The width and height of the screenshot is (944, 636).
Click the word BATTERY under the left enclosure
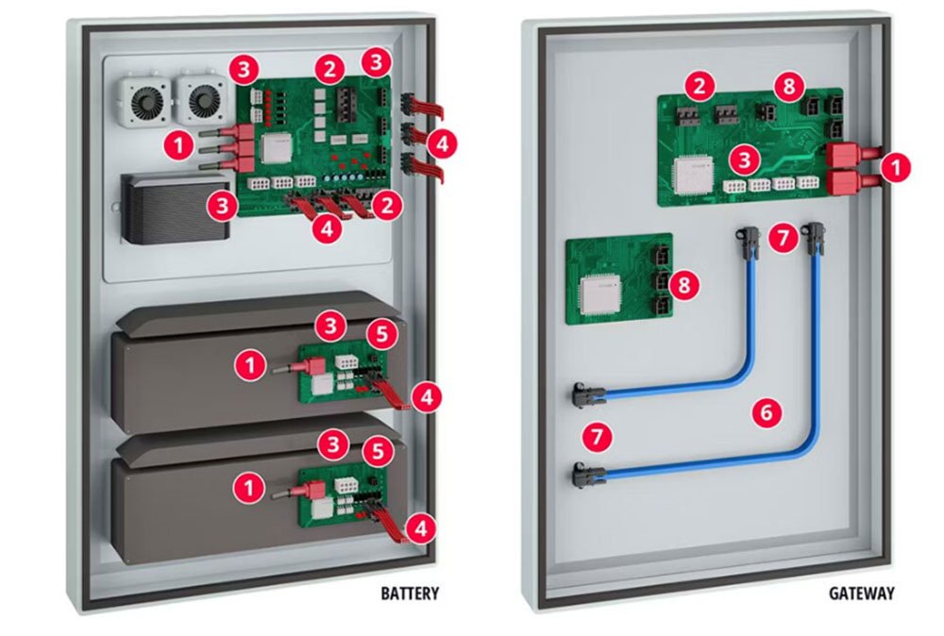click(x=410, y=594)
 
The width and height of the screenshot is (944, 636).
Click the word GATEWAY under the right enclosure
click(x=862, y=594)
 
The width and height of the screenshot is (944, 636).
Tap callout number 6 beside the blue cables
click(x=767, y=410)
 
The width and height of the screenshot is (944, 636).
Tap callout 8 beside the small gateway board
click(x=686, y=283)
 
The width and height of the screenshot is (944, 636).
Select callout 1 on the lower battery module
click(x=248, y=485)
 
